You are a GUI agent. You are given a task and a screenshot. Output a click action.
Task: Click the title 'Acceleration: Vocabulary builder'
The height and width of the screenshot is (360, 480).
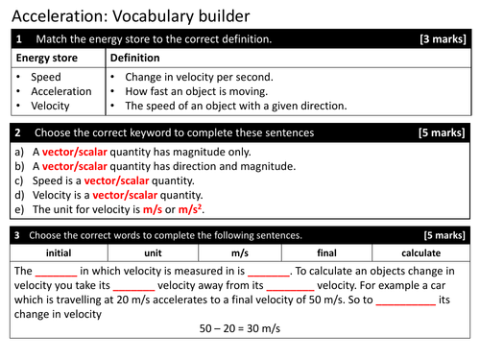click(x=131, y=16)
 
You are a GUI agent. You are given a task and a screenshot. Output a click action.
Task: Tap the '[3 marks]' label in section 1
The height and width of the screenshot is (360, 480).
click(x=444, y=39)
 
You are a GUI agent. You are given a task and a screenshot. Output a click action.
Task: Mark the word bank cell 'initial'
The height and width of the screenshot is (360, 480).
click(x=59, y=252)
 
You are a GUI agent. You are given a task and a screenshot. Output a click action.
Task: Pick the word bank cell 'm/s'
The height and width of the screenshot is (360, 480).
click(x=240, y=252)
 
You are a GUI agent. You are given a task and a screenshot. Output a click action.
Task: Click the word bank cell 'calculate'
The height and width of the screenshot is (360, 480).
click(x=420, y=252)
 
